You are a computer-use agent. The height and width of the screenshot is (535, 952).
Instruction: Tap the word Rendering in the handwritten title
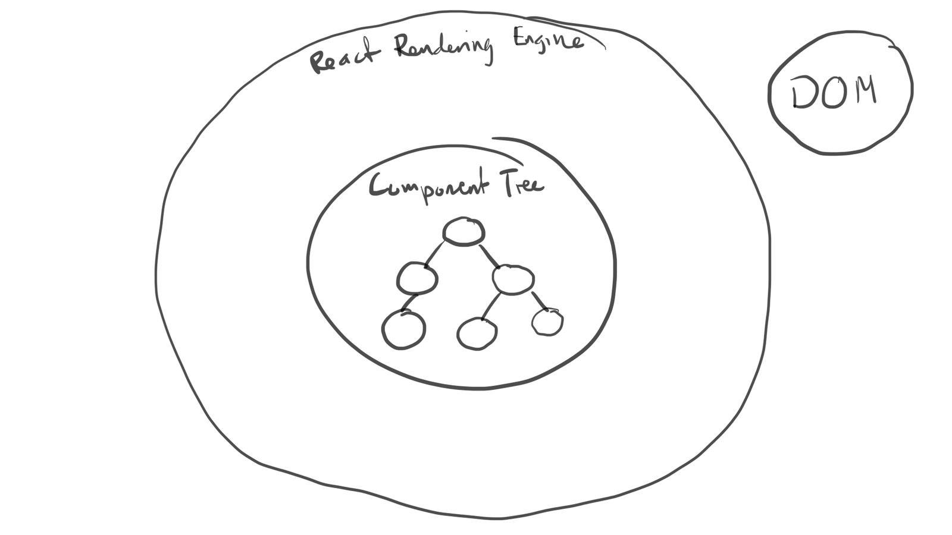(x=443, y=48)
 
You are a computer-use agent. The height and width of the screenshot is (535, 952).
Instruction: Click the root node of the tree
(x=464, y=231)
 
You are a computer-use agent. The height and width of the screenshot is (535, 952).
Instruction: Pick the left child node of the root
(x=417, y=278)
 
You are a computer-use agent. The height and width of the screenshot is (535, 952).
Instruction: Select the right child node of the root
(x=513, y=279)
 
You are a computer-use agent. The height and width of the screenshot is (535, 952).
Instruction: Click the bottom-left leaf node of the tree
(x=403, y=330)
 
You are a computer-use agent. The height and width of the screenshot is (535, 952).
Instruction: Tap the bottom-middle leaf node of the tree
(x=477, y=333)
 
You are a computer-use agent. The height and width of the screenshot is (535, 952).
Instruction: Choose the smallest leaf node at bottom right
(x=547, y=322)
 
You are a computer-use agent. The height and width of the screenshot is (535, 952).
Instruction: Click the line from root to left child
(x=435, y=253)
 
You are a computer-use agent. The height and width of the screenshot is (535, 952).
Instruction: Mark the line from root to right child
(x=489, y=254)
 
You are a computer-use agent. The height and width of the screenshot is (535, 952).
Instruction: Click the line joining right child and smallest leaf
(x=539, y=301)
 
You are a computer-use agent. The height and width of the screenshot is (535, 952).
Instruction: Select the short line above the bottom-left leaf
(x=408, y=303)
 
